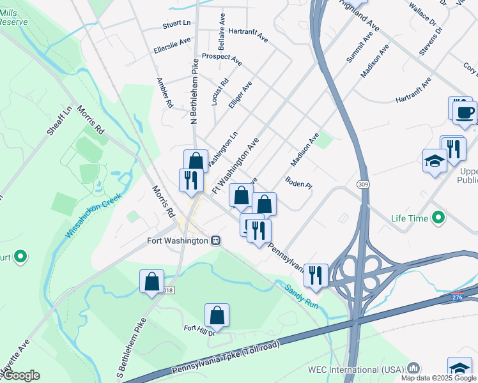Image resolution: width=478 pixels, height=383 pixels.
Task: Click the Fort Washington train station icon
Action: pyautogui.click(x=217, y=241)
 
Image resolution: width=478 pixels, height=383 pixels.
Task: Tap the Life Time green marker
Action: pyautogui.click(x=438, y=218)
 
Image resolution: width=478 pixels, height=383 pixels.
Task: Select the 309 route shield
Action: pyautogui.click(x=364, y=183)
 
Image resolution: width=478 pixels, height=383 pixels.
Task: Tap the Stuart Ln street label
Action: pyautogui.click(x=176, y=24)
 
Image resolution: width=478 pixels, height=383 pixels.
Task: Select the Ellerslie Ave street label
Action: pyautogui.click(x=173, y=45)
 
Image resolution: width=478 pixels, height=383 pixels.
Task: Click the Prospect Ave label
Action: pyautogui.click(x=222, y=59)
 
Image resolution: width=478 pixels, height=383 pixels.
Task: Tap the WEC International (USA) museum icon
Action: pyautogui.click(x=414, y=368)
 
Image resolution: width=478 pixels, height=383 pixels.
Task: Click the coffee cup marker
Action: pyautogui.click(x=465, y=112)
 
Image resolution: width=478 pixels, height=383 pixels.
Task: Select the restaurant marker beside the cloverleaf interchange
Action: pyautogui.click(x=316, y=274)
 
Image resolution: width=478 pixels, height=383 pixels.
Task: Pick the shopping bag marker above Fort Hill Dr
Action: pyautogui.click(x=217, y=315)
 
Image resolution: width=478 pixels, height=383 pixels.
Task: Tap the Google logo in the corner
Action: pyautogui.click(x=20, y=375)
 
